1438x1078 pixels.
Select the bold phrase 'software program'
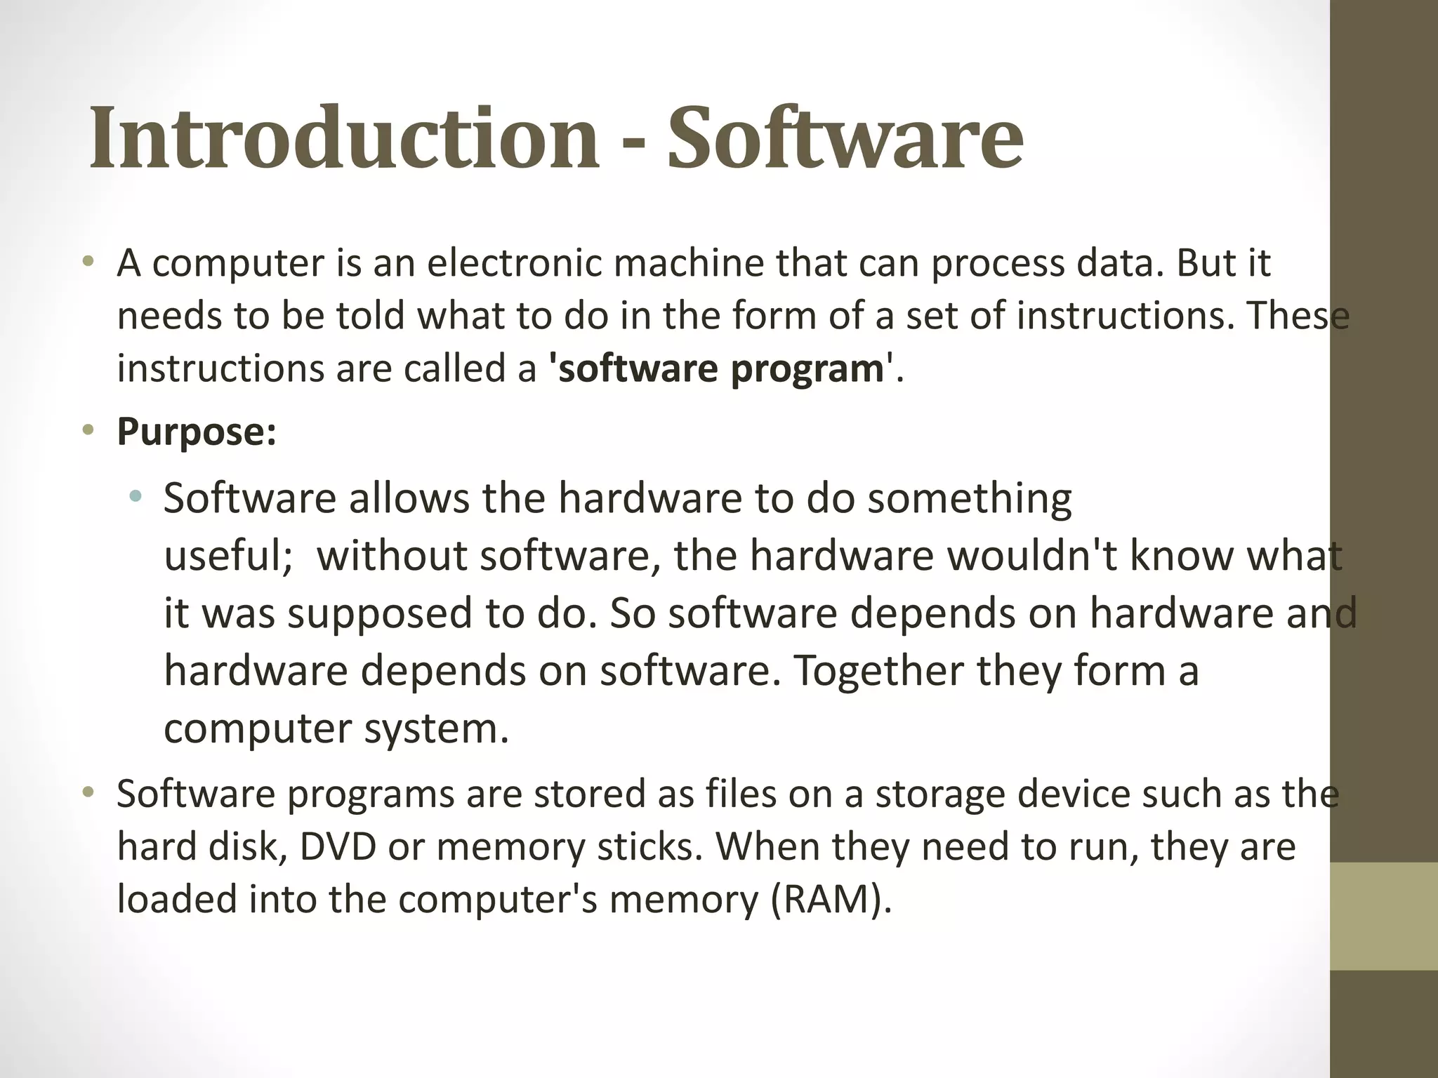coord(720,368)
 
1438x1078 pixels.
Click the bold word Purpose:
coord(197,432)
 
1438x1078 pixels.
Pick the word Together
coord(878,670)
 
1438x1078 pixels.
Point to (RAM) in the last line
coord(831,899)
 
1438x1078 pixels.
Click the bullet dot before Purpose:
coord(88,430)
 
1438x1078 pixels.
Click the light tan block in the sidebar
coord(1383,916)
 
